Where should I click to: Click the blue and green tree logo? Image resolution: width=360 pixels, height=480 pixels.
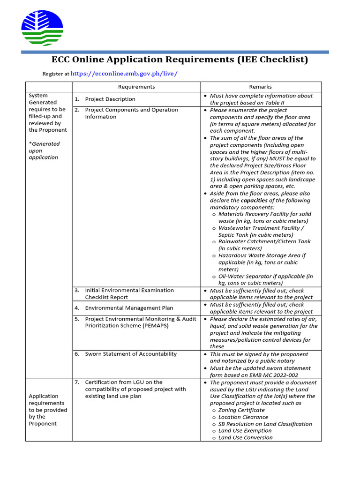(x=42, y=28)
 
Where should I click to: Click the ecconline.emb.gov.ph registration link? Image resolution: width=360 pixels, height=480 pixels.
(x=124, y=74)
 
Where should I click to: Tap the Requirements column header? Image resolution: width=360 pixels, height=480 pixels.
(x=136, y=87)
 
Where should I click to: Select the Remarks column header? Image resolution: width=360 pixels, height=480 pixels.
(x=261, y=87)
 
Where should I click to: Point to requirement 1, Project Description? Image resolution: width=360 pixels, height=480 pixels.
(x=110, y=99)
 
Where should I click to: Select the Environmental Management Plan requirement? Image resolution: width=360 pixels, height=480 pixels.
(x=129, y=308)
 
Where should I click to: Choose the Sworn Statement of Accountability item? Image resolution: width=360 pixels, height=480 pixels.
(x=131, y=354)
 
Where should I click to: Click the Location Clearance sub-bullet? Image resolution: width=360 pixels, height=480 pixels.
(x=243, y=417)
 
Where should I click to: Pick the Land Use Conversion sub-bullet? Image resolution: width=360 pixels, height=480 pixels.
(x=245, y=437)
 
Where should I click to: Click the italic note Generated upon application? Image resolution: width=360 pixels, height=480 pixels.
(x=44, y=150)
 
